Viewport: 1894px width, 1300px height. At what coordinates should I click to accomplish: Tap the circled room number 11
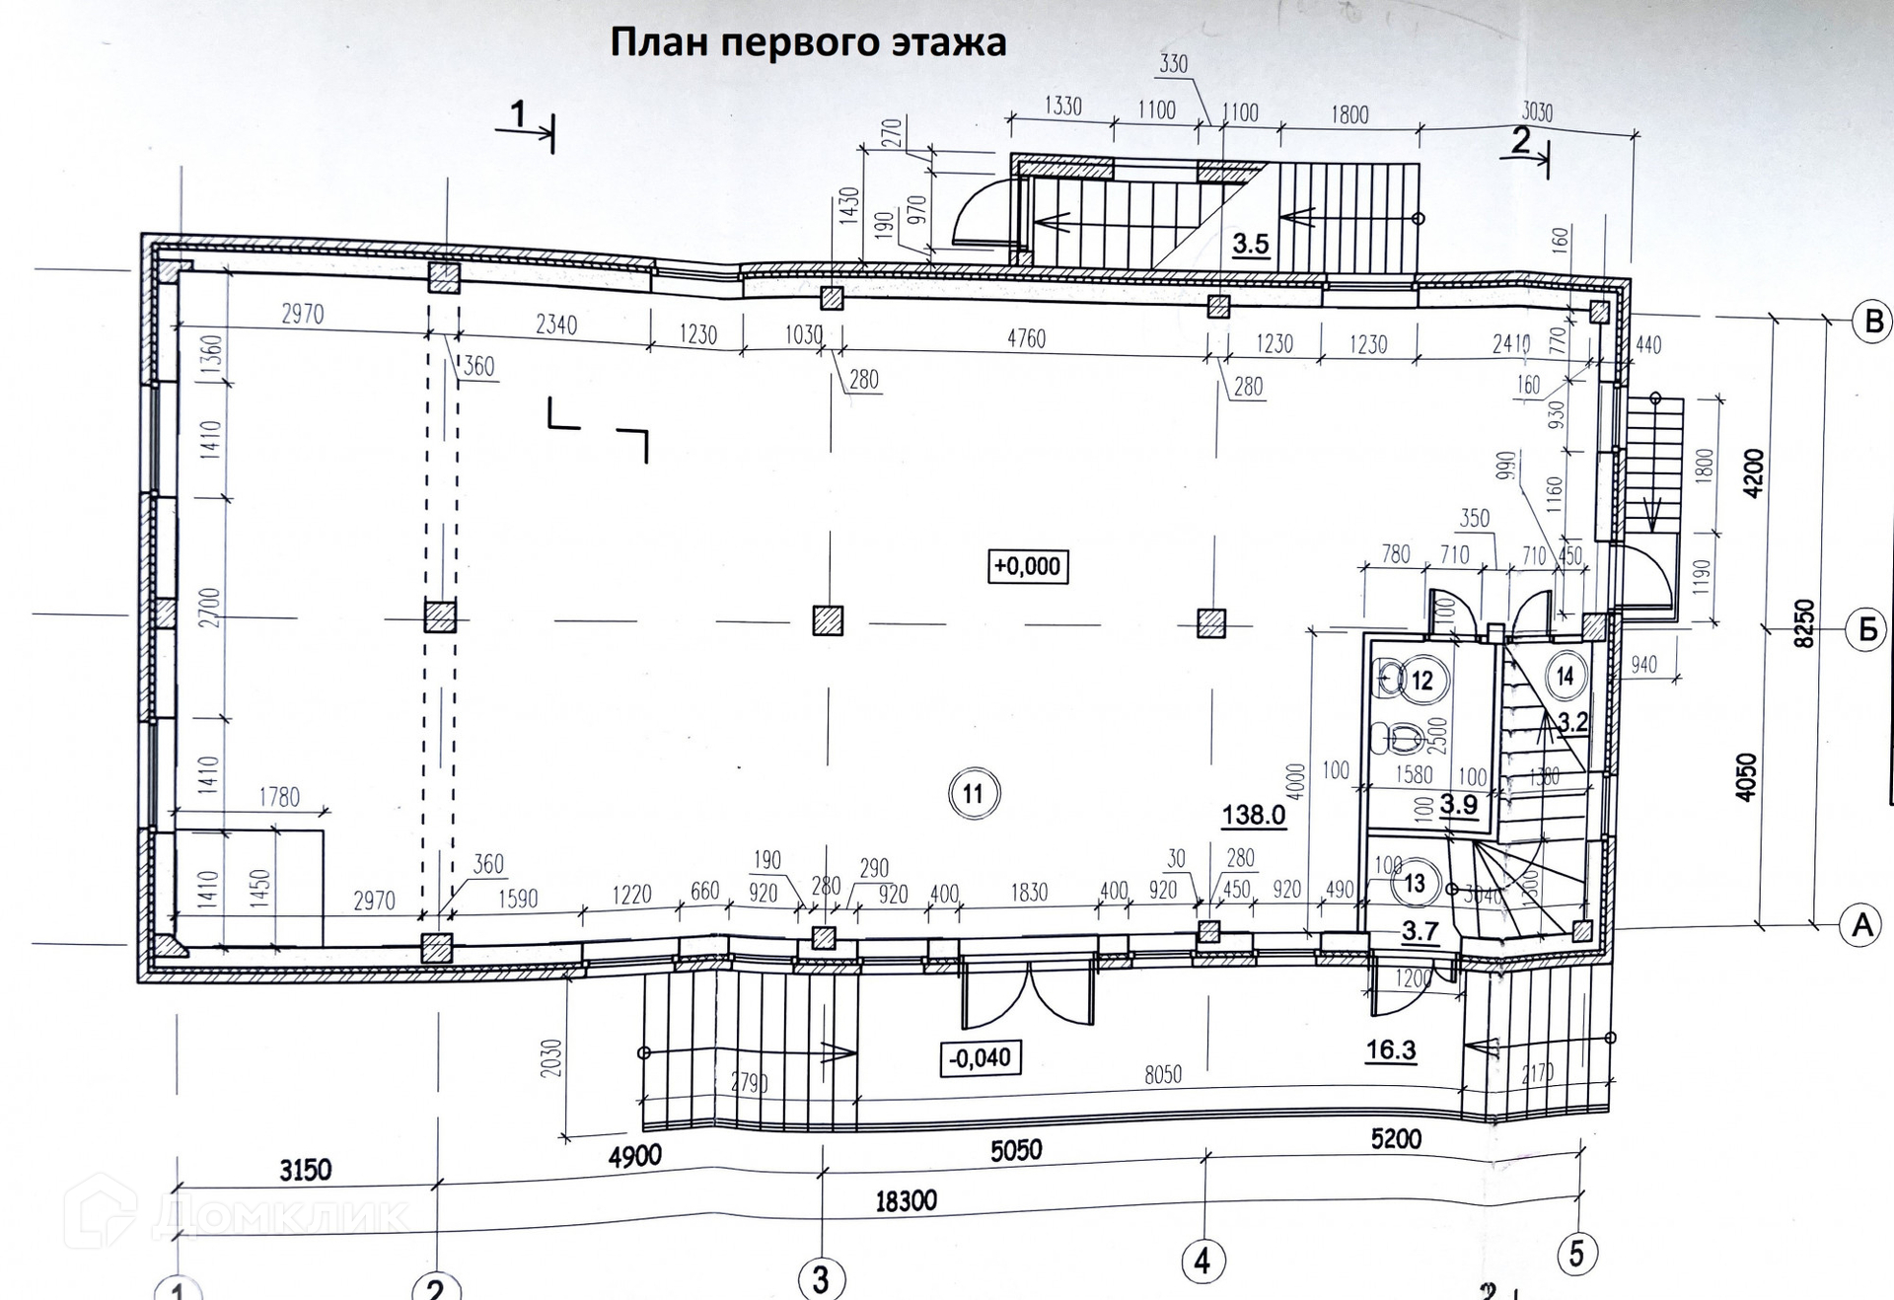(974, 794)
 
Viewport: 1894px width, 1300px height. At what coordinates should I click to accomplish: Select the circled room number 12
(1421, 681)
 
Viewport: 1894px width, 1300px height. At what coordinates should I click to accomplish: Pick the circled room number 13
(1415, 883)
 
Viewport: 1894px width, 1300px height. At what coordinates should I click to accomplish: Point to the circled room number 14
(1565, 677)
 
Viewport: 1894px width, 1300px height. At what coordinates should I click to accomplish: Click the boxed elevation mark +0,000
(1028, 566)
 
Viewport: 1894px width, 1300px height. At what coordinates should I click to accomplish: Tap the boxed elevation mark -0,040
(980, 1058)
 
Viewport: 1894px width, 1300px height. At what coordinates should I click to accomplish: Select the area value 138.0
(1253, 816)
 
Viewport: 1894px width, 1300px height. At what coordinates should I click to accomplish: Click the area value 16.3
(1391, 1050)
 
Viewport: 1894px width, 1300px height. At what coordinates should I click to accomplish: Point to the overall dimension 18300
(906, 1201)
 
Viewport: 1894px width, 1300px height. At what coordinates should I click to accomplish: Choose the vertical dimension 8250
(1803, 622)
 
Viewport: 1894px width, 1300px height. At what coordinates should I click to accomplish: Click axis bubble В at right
(1871, 322)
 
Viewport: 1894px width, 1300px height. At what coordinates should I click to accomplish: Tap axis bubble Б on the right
(1867, 629)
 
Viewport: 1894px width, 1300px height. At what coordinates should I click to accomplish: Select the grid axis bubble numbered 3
(821, 1279)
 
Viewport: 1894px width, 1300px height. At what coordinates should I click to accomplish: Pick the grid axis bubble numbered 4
(1202, 1261)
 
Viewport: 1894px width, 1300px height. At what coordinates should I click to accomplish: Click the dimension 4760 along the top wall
(1026, 338)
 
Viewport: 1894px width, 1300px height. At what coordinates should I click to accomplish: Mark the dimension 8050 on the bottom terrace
(1163, 1074)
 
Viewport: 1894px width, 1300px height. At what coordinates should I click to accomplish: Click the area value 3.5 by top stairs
(1250, 245)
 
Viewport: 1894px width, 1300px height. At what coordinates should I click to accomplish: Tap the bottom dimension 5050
(1016, 1151)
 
